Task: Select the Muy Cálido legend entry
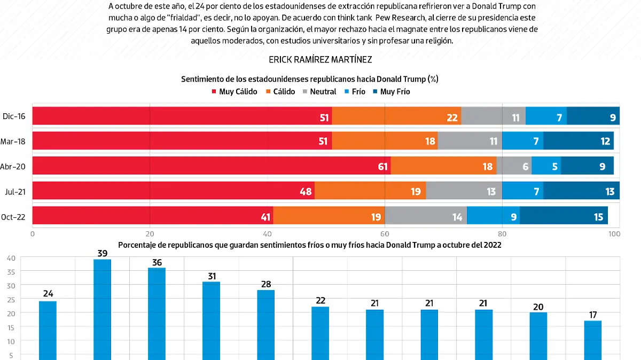[234, 91]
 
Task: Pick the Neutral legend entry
[319, 91]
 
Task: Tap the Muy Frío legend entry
[391, 91]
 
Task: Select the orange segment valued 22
[396, 116]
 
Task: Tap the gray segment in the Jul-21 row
[464, 191]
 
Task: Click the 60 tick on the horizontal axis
[385, 233]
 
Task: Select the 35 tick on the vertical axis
[11, 271]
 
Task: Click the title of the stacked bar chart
[309, 79]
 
